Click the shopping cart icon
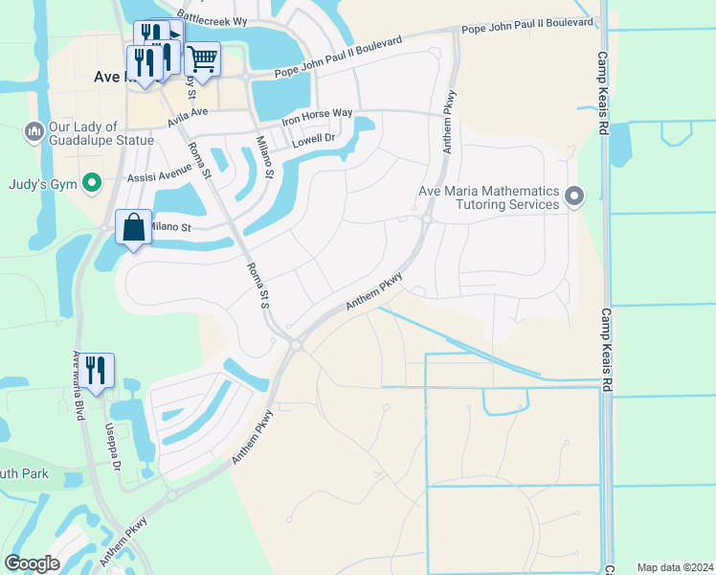click(x=203, y=59)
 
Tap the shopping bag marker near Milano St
click(x=133, y=228)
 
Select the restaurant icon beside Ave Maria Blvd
click(x=97, y=371)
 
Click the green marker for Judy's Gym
click(x=93, y=181)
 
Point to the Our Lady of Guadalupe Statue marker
click(x=34, y=129)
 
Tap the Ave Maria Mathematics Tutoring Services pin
click(x=574, y=196)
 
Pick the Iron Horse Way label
click(x=317, y=115)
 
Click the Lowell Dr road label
click(x=314, y=139)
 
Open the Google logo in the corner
click(x=32, y=563)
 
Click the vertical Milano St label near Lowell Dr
click(x=264, y=158)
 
